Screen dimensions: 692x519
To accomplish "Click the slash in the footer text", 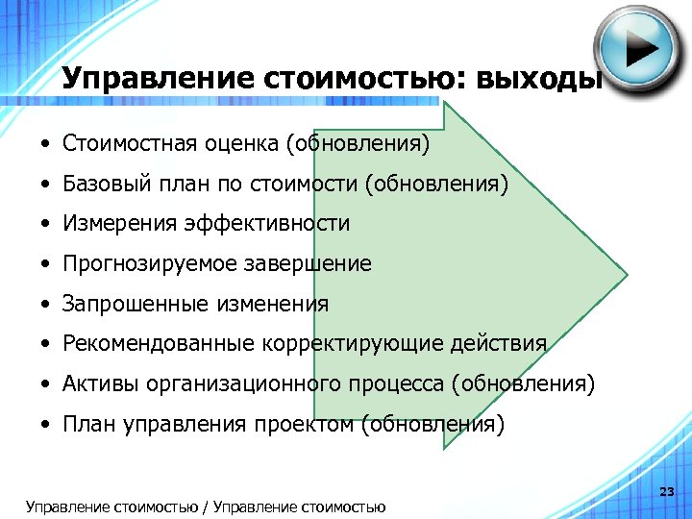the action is [x=208, y=507].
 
